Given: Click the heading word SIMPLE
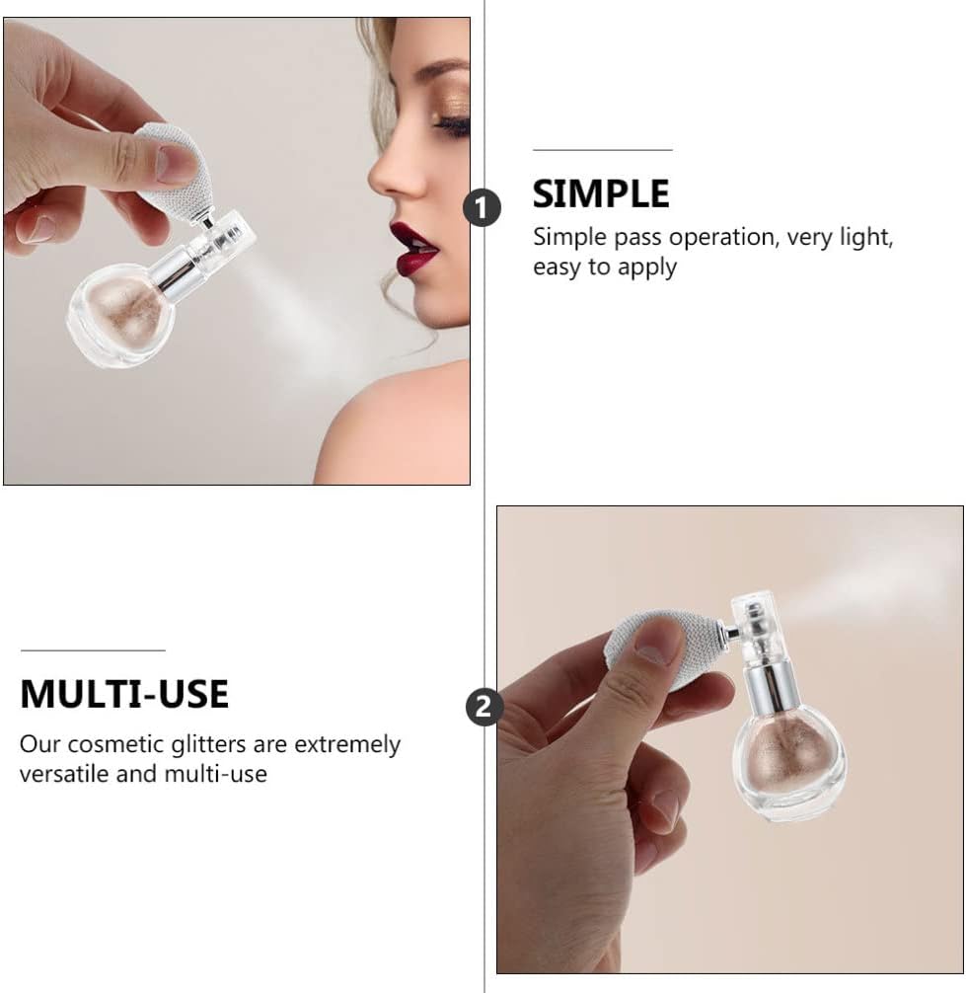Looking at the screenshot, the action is (x=601, y=193).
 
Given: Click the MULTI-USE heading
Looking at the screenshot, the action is (x=124, y=694).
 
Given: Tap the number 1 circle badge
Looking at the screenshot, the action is (x=482, y=207).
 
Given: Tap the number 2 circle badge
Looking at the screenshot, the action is (x=484, y=706).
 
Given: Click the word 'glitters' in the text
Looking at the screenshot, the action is (x=208, y=744).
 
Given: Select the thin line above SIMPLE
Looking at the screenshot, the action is (x=603, y=150).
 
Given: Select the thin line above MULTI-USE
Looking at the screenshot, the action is (x=93, y=650).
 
